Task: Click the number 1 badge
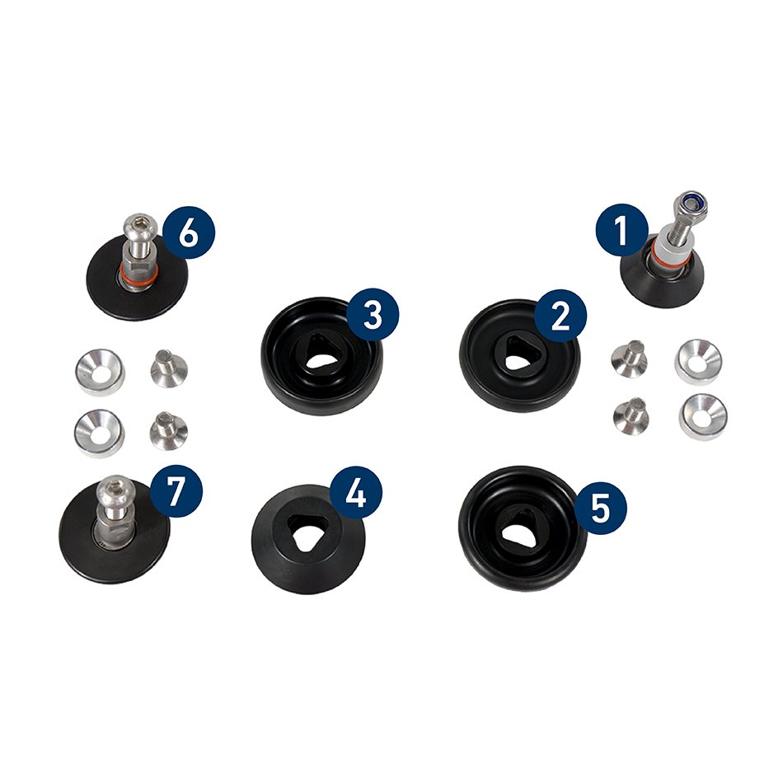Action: (621, 230)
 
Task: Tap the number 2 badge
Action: (560, 316)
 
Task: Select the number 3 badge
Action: (373, 315)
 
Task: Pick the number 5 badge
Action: (600, 508)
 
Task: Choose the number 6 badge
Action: (188, 232)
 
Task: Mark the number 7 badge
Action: (176, 491)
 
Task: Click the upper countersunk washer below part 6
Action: (101, 372)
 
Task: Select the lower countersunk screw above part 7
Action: (169, 430)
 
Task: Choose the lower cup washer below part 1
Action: (702, 417)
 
